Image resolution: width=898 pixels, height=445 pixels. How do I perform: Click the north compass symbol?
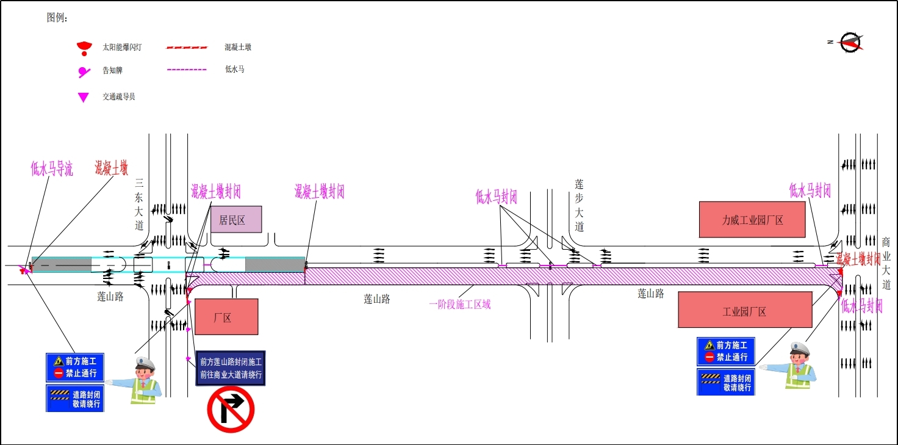pyautogui.click(x=850, y=42)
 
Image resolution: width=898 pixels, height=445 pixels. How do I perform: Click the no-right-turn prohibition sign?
pyautogui.click(x=231, y=409)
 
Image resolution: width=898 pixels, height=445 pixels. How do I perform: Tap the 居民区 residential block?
pyautogui.click(x=236, y=220)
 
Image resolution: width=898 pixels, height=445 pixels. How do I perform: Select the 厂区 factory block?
pyautogui.click(x=226, y=317)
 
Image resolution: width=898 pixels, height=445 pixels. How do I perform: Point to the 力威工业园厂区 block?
pyautogui.click(x=752, y=220)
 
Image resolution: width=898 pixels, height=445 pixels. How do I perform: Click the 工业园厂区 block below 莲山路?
pyautogui.click(x=745, y=310)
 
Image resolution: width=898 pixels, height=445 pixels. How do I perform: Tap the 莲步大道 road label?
pyautogui.click(x=579, y=205)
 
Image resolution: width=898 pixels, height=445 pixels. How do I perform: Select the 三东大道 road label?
pyautogui.click(x=140, y=204)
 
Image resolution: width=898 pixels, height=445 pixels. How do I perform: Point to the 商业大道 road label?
pyautogui.click(x=886, y=262)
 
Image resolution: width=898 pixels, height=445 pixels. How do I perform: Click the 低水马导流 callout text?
pyautogui.click(x=52, y=168)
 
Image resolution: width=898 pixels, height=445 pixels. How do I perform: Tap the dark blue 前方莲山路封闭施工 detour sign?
pyautogui.click(x=231, y=368)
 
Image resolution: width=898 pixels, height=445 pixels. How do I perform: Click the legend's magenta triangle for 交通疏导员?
pyautogui.click(x=84, y=97)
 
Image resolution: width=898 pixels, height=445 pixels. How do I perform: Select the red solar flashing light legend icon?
pyautogui.click(x=84, y=48)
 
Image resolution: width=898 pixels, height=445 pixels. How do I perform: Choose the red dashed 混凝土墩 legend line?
pyautogui.click(x=187, y=47)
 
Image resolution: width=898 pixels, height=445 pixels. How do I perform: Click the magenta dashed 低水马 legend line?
pyautogui.click(x=187, y=70)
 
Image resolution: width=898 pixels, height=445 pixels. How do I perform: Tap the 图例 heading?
pyautogui.click(x=57, y=18)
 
